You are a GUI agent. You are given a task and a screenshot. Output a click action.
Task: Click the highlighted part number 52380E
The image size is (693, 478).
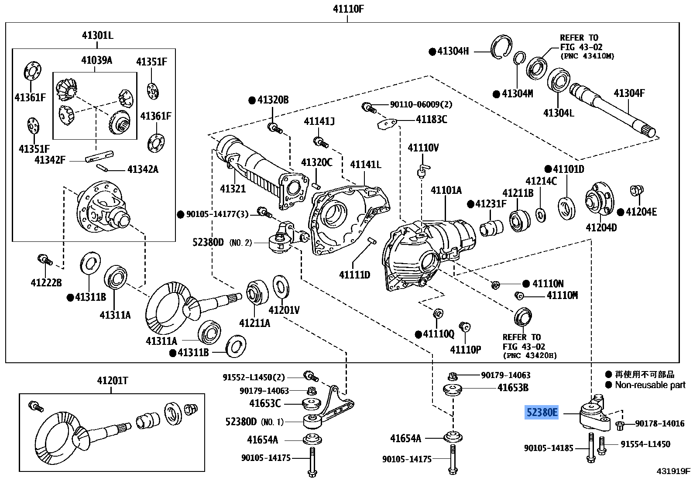[x=542, y=412]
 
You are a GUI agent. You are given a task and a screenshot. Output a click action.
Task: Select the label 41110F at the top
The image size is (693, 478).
[x=348, y=8]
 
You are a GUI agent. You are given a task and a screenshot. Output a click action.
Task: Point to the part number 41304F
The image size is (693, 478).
[x=629, y=93]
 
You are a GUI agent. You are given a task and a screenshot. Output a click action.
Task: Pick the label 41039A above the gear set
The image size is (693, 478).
[x=96, y=60]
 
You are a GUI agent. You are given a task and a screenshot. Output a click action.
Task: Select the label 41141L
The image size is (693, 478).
[x=365, y=165]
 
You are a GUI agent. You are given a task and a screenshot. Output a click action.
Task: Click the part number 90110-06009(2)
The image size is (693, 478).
[x=421, y=105]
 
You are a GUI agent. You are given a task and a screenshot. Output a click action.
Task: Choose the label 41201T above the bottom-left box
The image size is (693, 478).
[x=112, y=381]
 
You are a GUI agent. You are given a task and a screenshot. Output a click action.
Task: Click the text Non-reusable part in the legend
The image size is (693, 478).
[x=650, y=385]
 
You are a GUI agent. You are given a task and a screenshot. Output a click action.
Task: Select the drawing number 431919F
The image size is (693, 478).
[x=673, y=471]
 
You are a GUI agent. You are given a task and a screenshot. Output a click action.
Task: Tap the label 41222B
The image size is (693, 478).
[x=46, y=283]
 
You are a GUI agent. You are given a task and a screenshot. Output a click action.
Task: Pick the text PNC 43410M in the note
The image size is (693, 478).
[x=588, y=56]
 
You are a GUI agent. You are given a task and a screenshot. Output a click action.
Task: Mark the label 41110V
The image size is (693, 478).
[x=423, y=148]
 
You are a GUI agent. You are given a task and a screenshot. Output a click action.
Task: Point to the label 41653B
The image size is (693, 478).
[x=513, y=387]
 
